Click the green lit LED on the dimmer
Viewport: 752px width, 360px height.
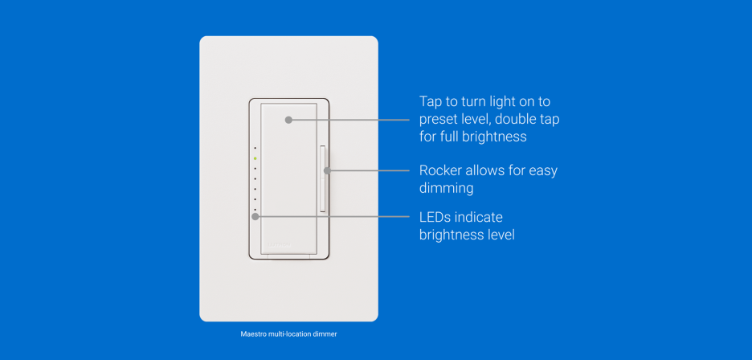(255, 158)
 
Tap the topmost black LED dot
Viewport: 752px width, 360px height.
(255, 148)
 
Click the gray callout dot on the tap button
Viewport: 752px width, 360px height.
(288, 120)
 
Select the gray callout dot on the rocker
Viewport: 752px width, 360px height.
(327, 170)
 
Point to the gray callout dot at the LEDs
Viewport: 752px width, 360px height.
(255, 216)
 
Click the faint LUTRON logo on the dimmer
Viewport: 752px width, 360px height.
(280, 245)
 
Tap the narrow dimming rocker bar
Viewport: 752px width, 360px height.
(322, 178)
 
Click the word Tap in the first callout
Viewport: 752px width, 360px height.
(430, 102)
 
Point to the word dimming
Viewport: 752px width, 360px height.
(446, 189)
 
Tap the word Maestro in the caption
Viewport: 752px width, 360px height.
(251, 334)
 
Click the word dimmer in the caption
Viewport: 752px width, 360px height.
(326, 334)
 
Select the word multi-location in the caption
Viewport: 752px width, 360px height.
(289, 334)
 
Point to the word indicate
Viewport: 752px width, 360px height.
(479, 217)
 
